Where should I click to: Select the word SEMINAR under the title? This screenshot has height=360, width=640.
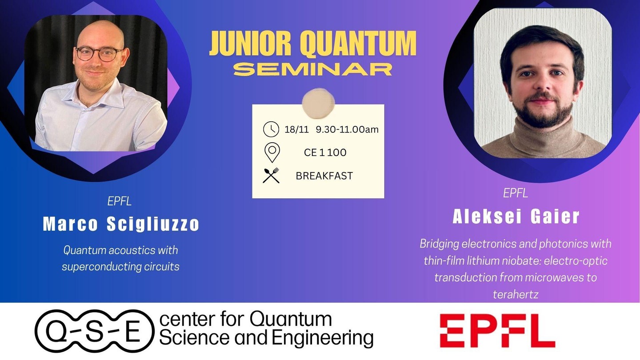pyautogui.click(x=313, y=69)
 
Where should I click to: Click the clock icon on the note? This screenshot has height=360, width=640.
pyautogui.click(x=271, y=129)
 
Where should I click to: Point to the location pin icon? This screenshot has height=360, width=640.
pyautogui.click(x=272, y=152)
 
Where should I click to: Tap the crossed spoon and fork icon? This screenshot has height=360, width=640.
pyautogui.click(x=271, y=176)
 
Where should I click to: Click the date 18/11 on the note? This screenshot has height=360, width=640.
pyautogui.click(x=296, y=129)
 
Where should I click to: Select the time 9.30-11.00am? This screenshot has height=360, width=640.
pyautogui.click(x=347, y=129)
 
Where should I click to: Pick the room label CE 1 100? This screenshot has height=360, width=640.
pyautogui.click(x=325, y=152)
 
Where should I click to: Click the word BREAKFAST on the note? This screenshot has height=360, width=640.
pyautogui.click(x=324, y=176)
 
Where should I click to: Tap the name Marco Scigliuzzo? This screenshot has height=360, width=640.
pyautogui.click(x=121, y=224)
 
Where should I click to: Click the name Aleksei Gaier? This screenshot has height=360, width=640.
pyautogui.click(x=516, y=216)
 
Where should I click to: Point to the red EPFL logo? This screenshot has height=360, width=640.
pyautogui.click(x=497, y=331)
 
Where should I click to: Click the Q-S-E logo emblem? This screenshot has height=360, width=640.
pyautogui.click(x=95, y=331)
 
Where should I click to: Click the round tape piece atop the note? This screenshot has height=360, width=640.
pyautogui.click(x=318, y=103)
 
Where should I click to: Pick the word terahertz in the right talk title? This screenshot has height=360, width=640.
pyautogui.click(x=516, y=294)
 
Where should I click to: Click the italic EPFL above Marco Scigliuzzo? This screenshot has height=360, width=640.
pyautogui.click(x=120, y=201)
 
